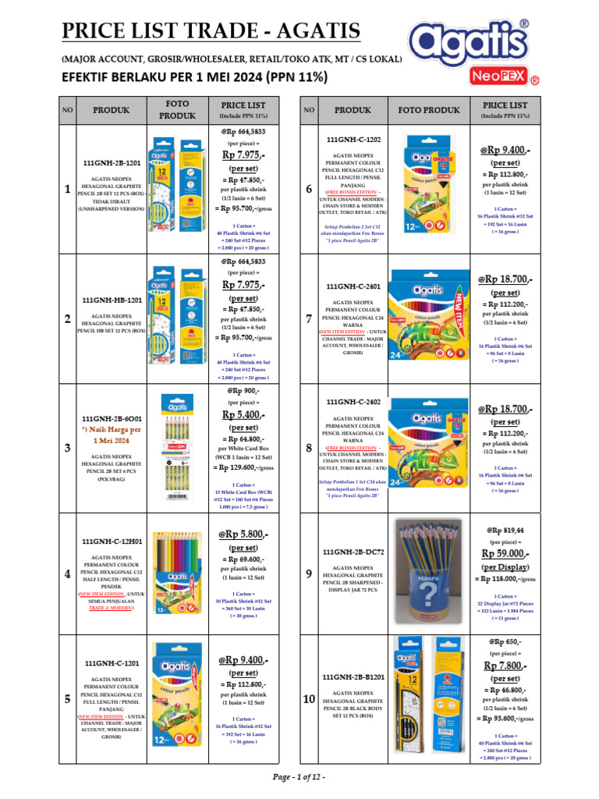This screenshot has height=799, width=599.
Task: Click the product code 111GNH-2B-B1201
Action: click(353, 676)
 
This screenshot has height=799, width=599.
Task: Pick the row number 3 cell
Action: click(68, 448)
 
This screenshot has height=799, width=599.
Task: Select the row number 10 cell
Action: click(308, 700)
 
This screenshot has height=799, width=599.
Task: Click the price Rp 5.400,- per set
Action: click(243, 414)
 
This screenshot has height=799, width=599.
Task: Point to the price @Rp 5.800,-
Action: click(243, 534)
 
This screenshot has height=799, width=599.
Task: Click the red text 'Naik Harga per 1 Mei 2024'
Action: click(114, 435)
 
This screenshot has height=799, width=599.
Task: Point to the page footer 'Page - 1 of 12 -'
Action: click(299, 778)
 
